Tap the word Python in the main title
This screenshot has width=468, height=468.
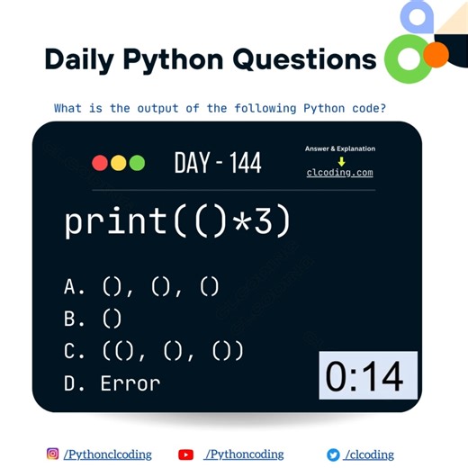click(x=172, y=59)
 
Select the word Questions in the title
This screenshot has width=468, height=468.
click(x=304, y=59)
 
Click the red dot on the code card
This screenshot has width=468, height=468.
click(x=100, y=163)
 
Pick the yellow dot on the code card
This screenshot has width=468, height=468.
click(x=118, y=163)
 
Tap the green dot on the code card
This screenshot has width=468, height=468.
click(x=137, y=163)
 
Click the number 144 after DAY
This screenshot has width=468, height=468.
click(x=245, y=163)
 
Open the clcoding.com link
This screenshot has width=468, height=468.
click(x=340, y=173)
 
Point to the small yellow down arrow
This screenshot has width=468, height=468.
click(x=341, y=160)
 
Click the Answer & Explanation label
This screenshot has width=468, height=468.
click(x=340, y=148)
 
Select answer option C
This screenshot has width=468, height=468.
click(x=154, y=350)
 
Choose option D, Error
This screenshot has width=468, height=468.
click(x=112, y=382)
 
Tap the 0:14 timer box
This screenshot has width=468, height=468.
click(x=368, y=375)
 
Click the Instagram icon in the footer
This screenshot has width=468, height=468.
click(x=52, y=454)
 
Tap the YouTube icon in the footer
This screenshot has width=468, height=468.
click(x=186, y=454)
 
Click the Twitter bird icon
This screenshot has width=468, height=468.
click(x=333, y=454)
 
